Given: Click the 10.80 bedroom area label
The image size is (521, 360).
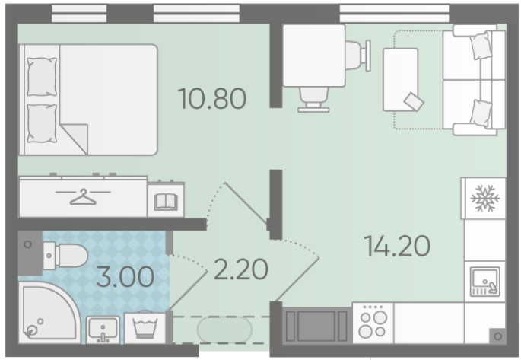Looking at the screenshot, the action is [212, 99].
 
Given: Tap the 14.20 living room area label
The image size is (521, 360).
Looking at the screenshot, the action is [397, 246].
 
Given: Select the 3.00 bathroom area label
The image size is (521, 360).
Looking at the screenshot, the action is [125, 276].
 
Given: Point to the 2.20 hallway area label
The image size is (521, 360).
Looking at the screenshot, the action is [241, 269].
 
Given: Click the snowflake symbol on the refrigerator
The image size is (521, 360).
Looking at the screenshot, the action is [485, 199].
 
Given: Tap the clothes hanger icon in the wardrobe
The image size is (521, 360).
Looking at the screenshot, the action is [83, 196].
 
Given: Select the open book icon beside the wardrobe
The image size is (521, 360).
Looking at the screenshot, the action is [166, 202].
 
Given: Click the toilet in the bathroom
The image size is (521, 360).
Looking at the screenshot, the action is [65, 256].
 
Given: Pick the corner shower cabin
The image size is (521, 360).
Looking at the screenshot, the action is [49, 313].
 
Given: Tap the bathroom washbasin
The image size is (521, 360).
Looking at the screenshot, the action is [103, 329].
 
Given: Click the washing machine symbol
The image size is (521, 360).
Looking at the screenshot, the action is [145, 328].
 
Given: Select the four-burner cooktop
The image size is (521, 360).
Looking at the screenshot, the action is [373, 323].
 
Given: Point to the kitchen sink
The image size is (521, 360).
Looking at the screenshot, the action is [484, 282].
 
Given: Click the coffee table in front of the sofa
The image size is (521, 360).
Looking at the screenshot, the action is [400, 80].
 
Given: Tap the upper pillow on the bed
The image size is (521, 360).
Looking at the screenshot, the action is [42, 77].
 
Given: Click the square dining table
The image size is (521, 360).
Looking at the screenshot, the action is [313, 56].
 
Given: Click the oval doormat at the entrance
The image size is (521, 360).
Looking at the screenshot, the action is [224, 330].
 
